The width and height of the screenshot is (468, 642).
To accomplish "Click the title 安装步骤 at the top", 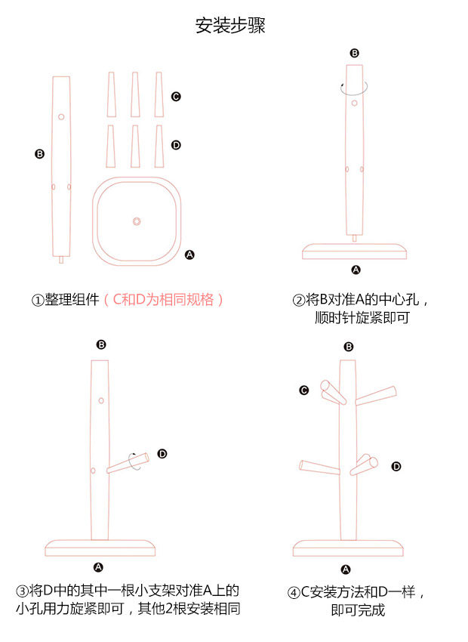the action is point(230,26).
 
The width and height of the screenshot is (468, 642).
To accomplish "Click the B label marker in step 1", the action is point(40,154).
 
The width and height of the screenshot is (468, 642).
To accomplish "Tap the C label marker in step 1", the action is point(176,97).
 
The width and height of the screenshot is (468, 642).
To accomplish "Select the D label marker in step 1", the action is point(176,145).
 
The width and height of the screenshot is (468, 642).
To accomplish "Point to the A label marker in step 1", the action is point(189,255).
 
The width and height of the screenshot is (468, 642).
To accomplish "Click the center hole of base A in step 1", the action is point(137,221).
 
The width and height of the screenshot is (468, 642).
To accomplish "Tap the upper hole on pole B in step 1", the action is point(61,117).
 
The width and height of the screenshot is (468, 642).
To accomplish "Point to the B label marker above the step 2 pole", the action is point(355,53).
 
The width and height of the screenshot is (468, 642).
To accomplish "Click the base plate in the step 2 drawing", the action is point(355,252).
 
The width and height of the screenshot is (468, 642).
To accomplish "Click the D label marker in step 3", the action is point(162,453).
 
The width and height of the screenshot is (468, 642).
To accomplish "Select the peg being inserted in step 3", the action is point(127,465).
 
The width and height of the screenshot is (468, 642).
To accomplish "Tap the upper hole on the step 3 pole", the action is point(100,399).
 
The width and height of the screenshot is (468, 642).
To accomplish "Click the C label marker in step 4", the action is point(304,390).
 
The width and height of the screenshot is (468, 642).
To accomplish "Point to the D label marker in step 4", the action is point(396,466).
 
